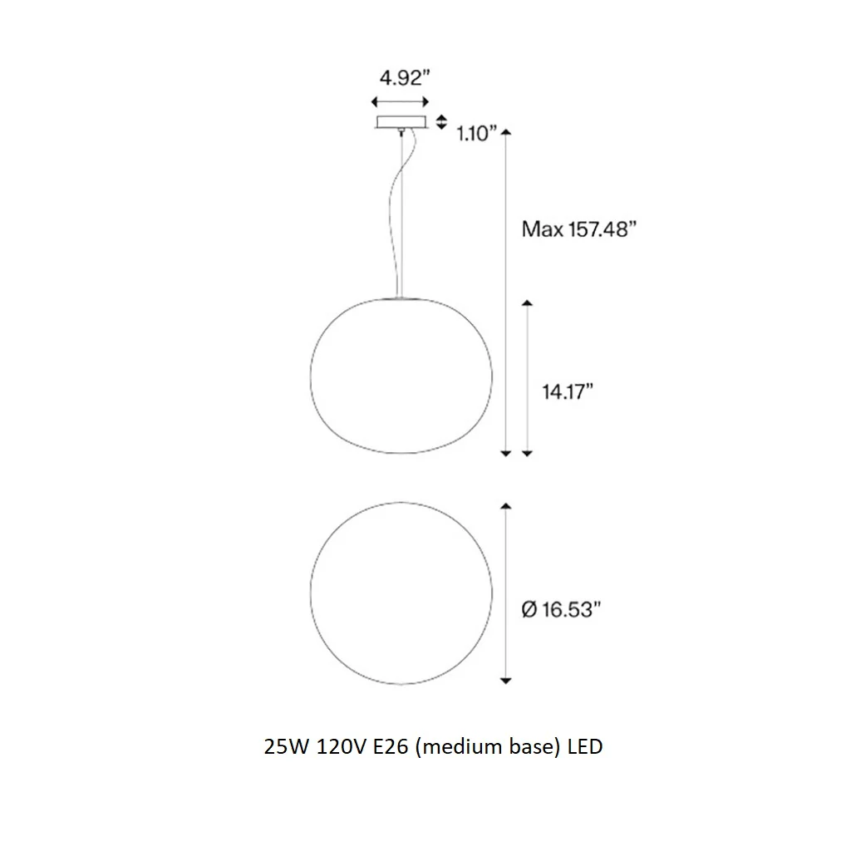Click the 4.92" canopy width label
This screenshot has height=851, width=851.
[x=405, y=78]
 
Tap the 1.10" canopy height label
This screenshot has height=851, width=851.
[x=476, y=134]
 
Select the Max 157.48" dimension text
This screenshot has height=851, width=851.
[x=578, y=229]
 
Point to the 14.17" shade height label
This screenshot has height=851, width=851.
[x=568, y=391]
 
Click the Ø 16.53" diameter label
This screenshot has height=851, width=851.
[x=561, y=609]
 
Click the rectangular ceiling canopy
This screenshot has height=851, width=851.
[x=401, y=122]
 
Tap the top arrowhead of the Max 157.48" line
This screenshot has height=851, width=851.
[x=506, y=132]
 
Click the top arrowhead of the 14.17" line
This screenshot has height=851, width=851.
[x=527, y=303]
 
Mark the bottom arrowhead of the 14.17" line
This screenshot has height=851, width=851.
[x=527, y=453]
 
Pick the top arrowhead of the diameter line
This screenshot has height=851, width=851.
[x=506, y=506]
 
